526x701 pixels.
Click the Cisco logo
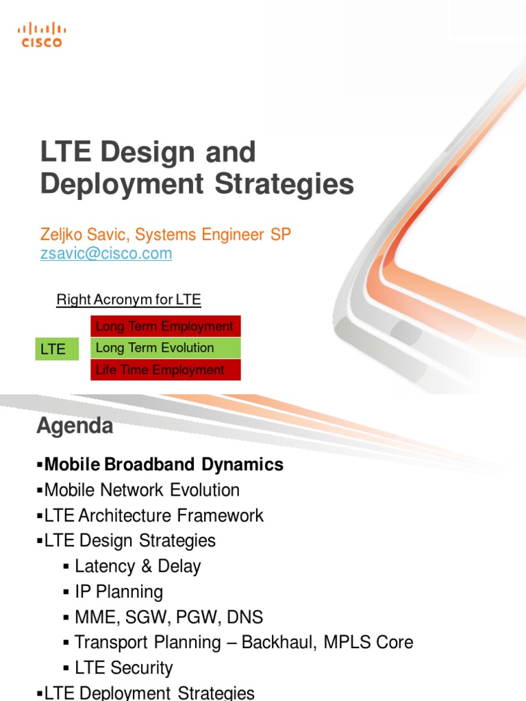point(41,34)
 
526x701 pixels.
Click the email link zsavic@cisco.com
point(106,254)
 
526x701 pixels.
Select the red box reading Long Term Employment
point(165,327)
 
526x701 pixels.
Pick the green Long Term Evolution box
point(165,348)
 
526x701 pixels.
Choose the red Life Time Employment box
point(165,370)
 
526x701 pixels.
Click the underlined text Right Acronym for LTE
point(128,300)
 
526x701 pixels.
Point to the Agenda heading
point(74,426)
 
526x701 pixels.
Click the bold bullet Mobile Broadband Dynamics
point(163,465)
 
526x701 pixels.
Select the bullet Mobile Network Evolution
point(141,490)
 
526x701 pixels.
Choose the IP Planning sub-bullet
point(118,591)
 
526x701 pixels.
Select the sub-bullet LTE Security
point(123,667)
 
